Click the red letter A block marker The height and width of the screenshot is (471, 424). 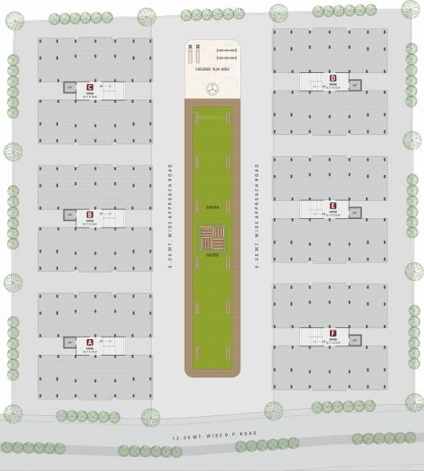pyautogui.click(x=90, y=342)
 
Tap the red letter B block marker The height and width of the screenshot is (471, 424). pyautogui.click(x=90, y=214)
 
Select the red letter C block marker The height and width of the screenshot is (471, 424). pyautogui.click(x=90, y=87)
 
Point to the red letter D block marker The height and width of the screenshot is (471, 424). pyautogui.click(x=333, y=78)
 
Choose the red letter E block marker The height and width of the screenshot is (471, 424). pyautogui.click(x=333, y=206)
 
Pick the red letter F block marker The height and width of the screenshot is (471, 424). pyautogui.click(x=333, y=334)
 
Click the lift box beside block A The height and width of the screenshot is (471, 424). pyautogui.click(x=70, y=342)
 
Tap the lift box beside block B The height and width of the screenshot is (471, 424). pyautogui.click(x=70, y=214)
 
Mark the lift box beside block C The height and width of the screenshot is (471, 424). pyautogui.click(x=70, y=87)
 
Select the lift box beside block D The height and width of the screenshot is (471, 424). pyautogui.click(x=354, y=85)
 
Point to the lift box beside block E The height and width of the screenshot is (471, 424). pyautogui.click(x=354, y=213)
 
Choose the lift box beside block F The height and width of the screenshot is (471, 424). pyautogui.click(x=354, y=340)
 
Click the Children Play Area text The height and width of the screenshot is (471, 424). pyautogui.click(x=211, y=71)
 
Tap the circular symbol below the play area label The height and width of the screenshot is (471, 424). pyautogui.click(x=211, y=90)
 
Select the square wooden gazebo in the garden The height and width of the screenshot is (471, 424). pyautogui.click(x=211, y=236)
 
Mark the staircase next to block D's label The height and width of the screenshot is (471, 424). pyautogui.click(x=313, y=81)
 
